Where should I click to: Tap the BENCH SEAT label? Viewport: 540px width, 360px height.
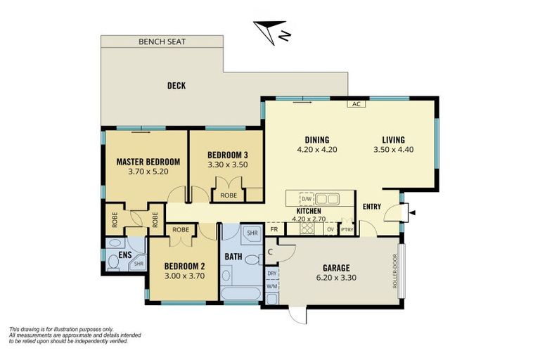(162, 42)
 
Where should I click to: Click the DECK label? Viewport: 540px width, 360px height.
(176, 86)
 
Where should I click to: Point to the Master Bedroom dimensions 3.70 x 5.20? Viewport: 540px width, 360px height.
(148, 171)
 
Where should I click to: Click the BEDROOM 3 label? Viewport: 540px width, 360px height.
(227, 155)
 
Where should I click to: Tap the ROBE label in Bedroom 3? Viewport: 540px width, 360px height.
(229, 195)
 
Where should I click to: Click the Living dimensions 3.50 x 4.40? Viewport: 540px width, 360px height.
(394, 149)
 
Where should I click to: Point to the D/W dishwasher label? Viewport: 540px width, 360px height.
(307, 198)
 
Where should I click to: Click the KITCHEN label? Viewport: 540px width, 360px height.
(309, 210)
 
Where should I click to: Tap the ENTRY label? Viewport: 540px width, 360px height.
(372, 206)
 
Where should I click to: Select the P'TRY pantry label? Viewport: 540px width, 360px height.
(347, 229)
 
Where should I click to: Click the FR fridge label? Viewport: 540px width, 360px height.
(274, 229)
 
